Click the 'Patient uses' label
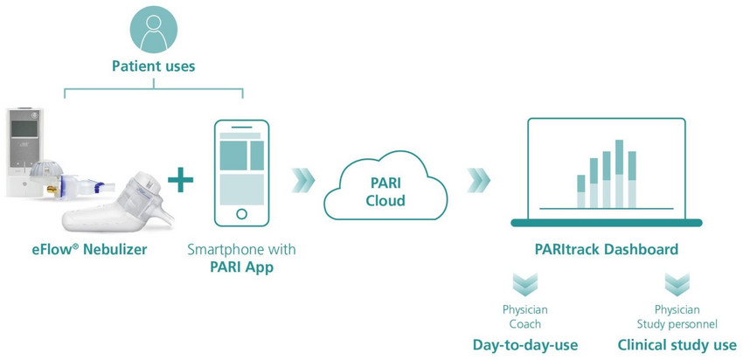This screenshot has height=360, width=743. [x=154, y=66]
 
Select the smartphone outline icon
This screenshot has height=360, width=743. [x=242, y=171]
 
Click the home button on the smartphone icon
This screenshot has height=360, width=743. [x=242, y=212]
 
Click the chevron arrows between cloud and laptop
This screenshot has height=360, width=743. [x=478, y=180]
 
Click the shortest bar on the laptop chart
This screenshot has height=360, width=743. [x=581, y=191]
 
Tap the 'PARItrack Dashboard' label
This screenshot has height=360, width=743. [x=608, y=250]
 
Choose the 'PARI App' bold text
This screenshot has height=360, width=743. [x=242, y=267]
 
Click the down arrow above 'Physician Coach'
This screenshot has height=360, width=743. [x=525, y=285]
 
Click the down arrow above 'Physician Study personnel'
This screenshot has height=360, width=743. [x=677, y=285]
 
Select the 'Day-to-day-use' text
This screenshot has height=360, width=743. [x=525, y=345]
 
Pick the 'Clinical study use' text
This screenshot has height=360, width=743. [x=677, y=345]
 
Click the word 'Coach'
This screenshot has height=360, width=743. [x=525, y=324]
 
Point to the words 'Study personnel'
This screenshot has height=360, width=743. [x=677, y=324]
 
